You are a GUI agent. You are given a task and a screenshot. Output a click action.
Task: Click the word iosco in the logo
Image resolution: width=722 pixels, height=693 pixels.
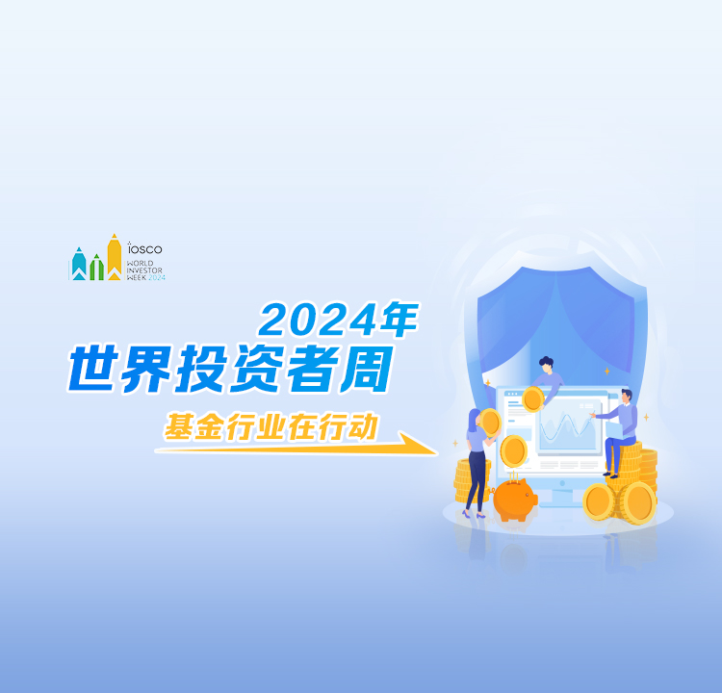pyautogui.click(x=144, y=248)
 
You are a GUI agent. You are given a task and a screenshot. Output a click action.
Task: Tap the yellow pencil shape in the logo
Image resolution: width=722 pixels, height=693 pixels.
pyautogui.click(x=115, y=257)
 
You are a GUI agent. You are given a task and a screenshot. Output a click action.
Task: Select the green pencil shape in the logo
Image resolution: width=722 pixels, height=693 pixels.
pyautogui.click(x=96, y=268)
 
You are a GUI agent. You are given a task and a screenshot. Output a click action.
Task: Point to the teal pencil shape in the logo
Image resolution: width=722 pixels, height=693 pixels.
pyautogui.click(x=79, y=264)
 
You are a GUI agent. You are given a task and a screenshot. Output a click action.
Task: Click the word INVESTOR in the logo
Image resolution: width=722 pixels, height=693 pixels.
pyautogui.click(x=144, y=270)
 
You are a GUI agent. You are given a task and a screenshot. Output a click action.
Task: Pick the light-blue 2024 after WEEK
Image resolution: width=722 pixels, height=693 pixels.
pyautogui.click(x=157, y=277)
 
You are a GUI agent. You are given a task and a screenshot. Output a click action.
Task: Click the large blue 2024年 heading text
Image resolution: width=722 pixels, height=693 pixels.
pyautogui.click(x=339, y=320)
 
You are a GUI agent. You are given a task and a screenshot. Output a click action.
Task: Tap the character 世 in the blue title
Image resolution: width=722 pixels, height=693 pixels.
pyautogui.click(x=92, y=369)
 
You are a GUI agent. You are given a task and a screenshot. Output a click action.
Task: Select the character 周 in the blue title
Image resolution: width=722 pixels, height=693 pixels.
pyautogui.click(x=367, y=369)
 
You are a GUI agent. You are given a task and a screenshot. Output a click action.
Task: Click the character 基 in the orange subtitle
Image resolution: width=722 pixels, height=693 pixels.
pyautogui.click(x=178, y=426)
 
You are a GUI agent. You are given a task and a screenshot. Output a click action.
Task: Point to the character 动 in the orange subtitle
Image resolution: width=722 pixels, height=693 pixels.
pyautogui.click(x=363, y=426)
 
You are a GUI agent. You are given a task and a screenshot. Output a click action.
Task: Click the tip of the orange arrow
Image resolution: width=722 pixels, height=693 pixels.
pyautogui.click(x=437, y=454)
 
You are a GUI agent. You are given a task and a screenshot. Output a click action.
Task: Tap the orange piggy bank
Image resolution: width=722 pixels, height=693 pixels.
pyautogui.click(x=515, y=500)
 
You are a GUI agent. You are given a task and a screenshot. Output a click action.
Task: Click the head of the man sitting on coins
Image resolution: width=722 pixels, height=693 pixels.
pyautogui.click(x=627, y=397)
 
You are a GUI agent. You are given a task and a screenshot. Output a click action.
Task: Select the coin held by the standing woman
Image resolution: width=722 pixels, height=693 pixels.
pyautogui.click(x=490, y=423)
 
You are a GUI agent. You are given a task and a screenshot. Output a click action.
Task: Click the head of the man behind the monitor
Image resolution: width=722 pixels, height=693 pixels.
pyautogui.click(x=547, y=365)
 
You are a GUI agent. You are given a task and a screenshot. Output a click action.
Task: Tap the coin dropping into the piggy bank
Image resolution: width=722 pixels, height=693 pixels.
pyautogui.click(x=513, y=451)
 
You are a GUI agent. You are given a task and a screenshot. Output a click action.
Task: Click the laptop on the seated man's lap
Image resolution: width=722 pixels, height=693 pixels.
pyautogui.click(x=614, y=430)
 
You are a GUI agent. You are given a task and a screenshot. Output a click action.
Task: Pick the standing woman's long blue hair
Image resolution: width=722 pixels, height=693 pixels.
pyautogui.click(x=474, y=421)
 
